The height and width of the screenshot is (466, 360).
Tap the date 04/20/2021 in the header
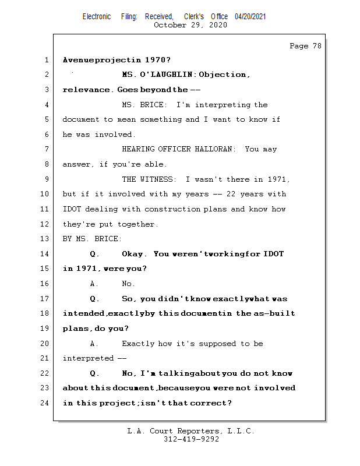(x=250, y=17)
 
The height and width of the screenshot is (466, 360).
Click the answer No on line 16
(x=128, y=284)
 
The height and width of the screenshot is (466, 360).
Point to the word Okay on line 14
(x=135, y=254)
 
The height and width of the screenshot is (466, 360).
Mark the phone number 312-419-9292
(x=191, y=439)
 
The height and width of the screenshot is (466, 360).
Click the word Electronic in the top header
(x=97, y=17)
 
